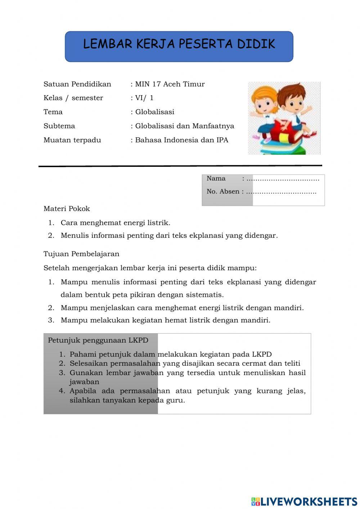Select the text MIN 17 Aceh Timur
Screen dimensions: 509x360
[170, 84]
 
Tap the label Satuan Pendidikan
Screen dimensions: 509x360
[77, 84]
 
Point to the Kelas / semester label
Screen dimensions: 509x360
[73, 98]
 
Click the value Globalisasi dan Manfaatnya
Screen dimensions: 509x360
[184, 126]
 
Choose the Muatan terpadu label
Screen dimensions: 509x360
[72, 140]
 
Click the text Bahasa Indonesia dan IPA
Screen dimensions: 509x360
[181, 140]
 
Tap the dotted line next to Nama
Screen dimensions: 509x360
[283, 179]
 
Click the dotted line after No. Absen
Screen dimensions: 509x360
[281, 192]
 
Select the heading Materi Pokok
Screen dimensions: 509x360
[67, 209]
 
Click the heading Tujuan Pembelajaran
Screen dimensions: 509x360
[81, 254]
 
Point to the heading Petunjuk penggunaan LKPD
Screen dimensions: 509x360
[98, 340]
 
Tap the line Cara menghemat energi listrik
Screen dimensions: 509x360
[115, 223]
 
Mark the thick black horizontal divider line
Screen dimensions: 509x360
[180, 166]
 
